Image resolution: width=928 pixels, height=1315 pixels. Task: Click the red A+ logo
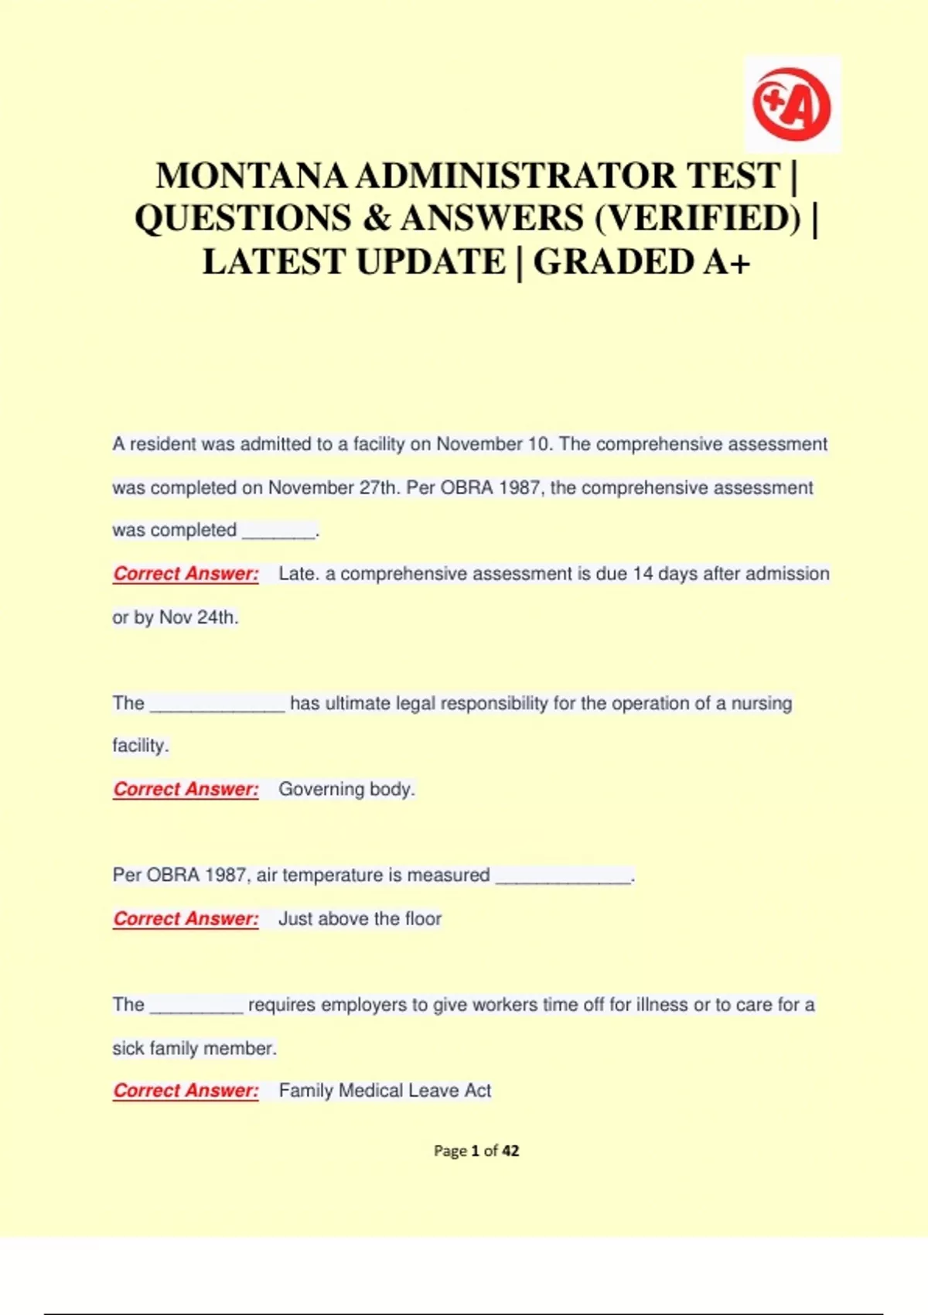[792, 104]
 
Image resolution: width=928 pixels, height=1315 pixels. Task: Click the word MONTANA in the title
[252, 176]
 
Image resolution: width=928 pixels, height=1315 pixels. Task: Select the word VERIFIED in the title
[698, 219]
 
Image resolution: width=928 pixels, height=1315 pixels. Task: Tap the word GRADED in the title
[615, 262]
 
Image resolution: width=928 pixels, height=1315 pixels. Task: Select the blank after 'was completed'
[278, 531]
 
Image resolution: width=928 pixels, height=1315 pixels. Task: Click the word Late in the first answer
[295, 574]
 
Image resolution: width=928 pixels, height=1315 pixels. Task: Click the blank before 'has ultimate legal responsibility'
[217, 705]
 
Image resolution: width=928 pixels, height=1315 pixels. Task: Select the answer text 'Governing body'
[346, 790]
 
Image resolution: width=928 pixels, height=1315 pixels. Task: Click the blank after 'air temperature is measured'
[563, 876]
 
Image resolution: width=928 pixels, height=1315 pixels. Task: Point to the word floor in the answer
[422, 919]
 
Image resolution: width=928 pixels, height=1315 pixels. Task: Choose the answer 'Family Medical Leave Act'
[384, 1091]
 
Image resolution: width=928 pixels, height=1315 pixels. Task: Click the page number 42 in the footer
[510, 1151]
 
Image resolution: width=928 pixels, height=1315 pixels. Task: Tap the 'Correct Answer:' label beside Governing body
[186, 790]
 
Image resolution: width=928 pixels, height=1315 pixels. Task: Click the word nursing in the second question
[762, 704]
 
